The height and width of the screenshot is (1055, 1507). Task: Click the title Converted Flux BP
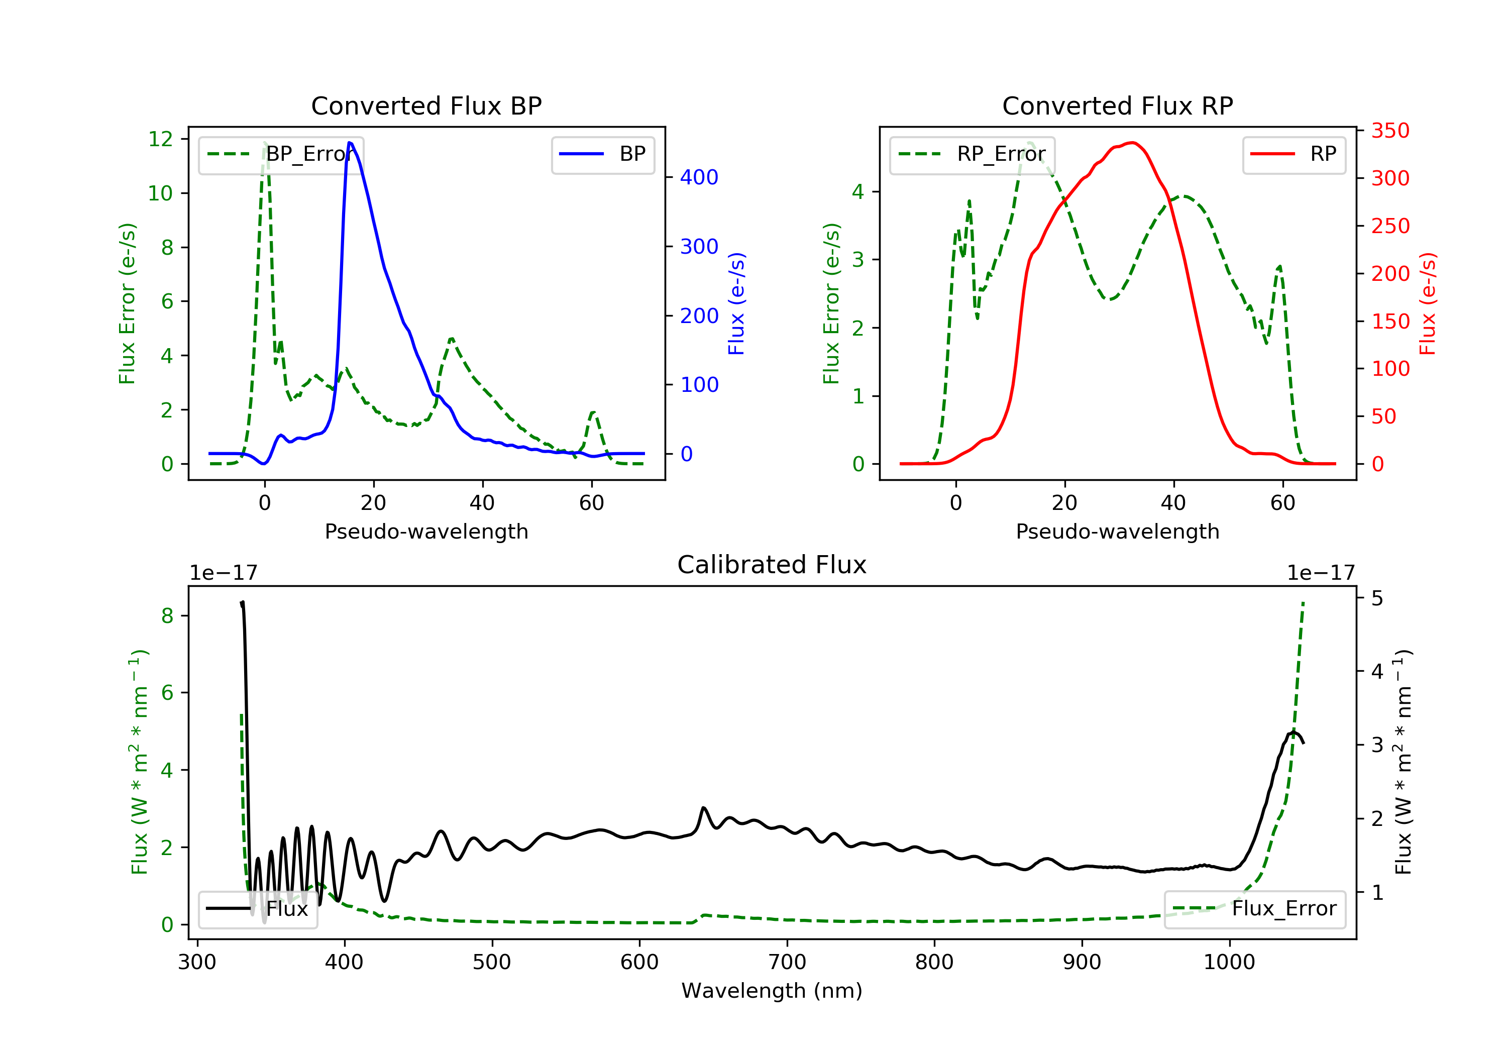click(x=426, y=105)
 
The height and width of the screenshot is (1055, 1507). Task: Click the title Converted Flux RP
click(x=1118, y=105)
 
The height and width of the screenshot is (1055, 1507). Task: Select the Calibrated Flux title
click(x=772, y=565)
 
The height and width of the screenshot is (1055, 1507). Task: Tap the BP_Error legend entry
click(x=281, y=154)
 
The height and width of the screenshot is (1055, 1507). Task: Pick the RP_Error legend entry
click(x=972, y=154)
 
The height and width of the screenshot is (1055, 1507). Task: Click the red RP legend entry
click(x=1294, y=154)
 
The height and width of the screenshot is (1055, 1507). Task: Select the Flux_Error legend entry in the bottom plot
click(x=1254, y=909)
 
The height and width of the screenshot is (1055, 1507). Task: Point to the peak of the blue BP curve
click(x=350, y=143)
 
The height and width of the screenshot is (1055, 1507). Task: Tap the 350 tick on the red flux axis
click(x=1390, y=131)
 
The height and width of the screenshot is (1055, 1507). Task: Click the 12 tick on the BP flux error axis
click(x=161, y=139)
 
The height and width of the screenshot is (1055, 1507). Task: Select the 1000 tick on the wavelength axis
click(x=1229, y=963)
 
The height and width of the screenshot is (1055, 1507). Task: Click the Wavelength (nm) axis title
click(x=772, y=991)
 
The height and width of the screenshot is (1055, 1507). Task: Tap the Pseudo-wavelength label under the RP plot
click(x=1118, y=531)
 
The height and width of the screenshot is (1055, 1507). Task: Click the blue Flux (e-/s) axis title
click(x=737, y=304)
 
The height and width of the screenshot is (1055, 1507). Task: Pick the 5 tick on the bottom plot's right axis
click(x=1377, y=599)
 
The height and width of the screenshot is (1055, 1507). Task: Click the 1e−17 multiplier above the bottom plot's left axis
click(x=224, y=573)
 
